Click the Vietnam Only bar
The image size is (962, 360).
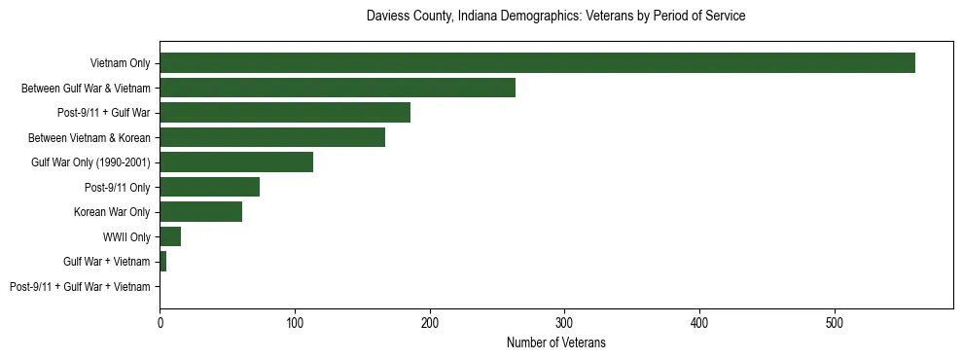(537, 63)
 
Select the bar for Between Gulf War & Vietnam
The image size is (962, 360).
(337, 88)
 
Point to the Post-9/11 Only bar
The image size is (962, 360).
(209, 187)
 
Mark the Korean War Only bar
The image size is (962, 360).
(200, 212)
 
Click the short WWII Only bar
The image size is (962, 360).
(170, 236)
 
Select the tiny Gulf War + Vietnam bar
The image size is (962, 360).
(162, 262)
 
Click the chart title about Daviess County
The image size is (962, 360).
(555, 17)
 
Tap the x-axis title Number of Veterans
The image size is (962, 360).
(555, 342)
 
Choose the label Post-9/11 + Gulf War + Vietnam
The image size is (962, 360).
(80, 287)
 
